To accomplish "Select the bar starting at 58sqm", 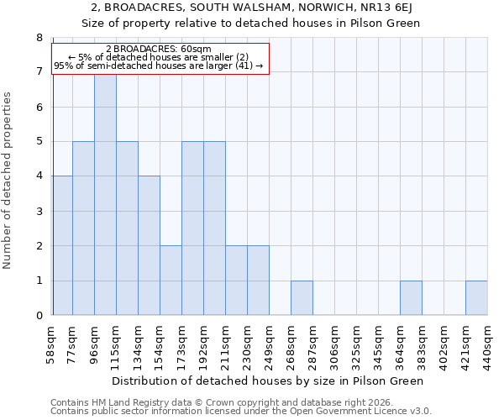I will pos(62,245).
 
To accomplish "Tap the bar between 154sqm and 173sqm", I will pos(171,280).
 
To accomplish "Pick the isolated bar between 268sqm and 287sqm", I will pos(302,297).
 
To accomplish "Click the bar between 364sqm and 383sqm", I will pos(411,297).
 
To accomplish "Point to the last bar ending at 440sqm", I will pos(476,297).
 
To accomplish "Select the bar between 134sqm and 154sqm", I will pos(149,245).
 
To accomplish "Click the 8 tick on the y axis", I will pos(39,38).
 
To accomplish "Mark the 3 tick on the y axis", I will pos(39,211).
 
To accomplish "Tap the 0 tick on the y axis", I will pos(39,315).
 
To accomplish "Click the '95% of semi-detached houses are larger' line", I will pos(159,66).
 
